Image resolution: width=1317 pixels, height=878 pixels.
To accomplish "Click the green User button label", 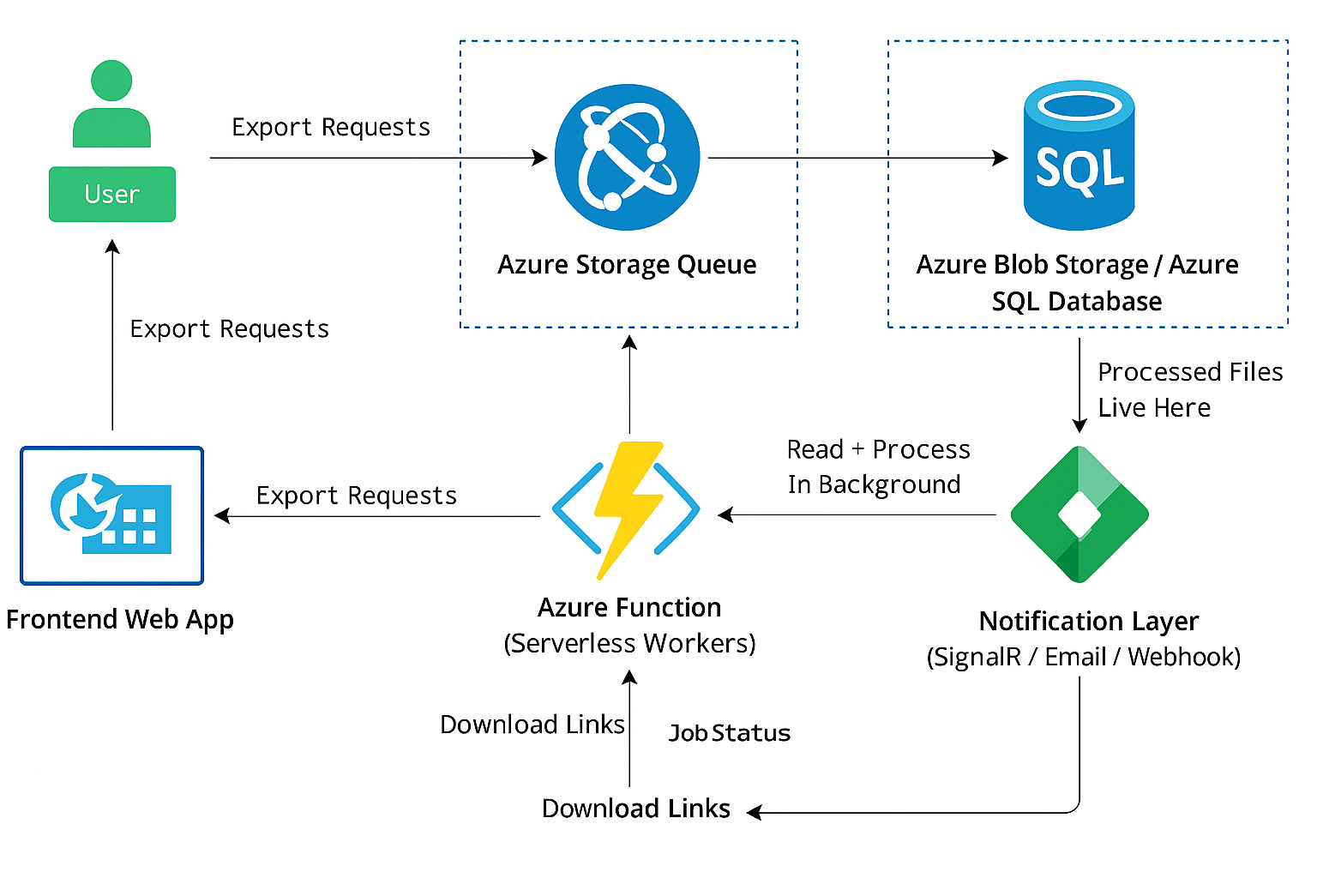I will [112, 195].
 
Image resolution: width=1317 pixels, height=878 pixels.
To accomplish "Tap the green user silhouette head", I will [111, 81].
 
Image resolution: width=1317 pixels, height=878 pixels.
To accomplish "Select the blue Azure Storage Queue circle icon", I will [627, 157].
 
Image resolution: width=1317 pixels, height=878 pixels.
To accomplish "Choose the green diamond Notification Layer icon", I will [1079, 514].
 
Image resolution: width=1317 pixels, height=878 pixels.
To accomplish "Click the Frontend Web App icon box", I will [112, 515].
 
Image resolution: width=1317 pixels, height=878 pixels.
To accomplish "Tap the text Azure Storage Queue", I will [627, 265].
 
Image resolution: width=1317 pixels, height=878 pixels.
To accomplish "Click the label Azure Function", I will [629, 608].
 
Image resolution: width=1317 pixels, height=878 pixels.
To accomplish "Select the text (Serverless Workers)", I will [629, 644].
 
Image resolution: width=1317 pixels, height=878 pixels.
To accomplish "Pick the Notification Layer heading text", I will [1088, 622].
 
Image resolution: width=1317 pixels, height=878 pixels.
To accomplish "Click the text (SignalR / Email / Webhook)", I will [1084, 658].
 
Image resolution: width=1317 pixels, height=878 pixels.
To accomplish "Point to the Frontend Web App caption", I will [120, 620].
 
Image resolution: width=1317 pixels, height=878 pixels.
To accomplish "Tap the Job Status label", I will [730, 734].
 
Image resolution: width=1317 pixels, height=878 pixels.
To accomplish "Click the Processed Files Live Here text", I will [1189, 390].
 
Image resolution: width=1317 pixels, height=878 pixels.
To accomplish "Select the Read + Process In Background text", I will [877, 467].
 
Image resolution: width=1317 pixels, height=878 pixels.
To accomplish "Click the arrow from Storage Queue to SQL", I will [857, 158].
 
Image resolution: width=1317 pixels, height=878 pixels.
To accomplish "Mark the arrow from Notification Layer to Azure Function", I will [857, 515].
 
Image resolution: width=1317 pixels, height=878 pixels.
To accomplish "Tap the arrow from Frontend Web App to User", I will [112, 334].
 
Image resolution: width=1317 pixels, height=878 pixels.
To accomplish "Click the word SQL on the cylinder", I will [1079, 169].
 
